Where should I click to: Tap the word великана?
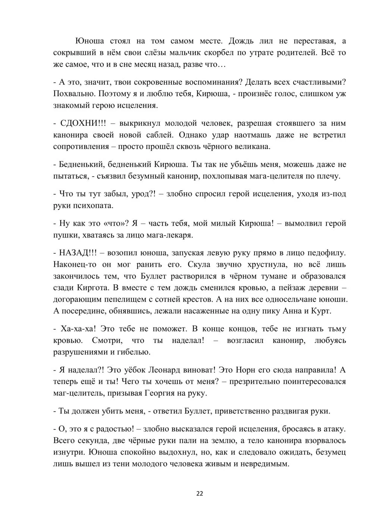[251, 146]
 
